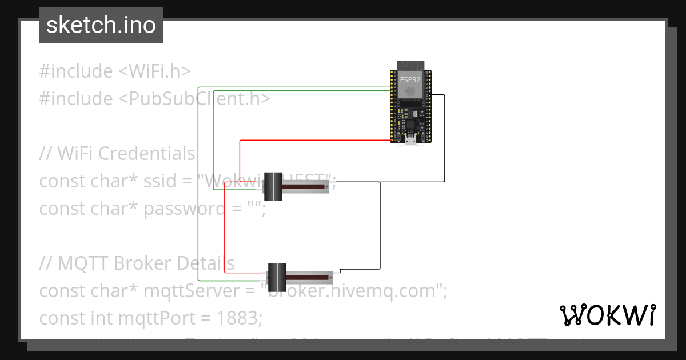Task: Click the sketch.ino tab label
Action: (x=101, y=25)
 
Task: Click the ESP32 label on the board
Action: (x=410, y=80)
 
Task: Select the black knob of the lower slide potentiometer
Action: (x=277, y=277)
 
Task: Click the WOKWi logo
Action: (x=607, y=315)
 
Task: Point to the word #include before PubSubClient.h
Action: (x=76, y=99)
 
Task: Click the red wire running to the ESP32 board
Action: (x=314, y=139)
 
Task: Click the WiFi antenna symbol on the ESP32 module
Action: (x=410, y=91)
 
